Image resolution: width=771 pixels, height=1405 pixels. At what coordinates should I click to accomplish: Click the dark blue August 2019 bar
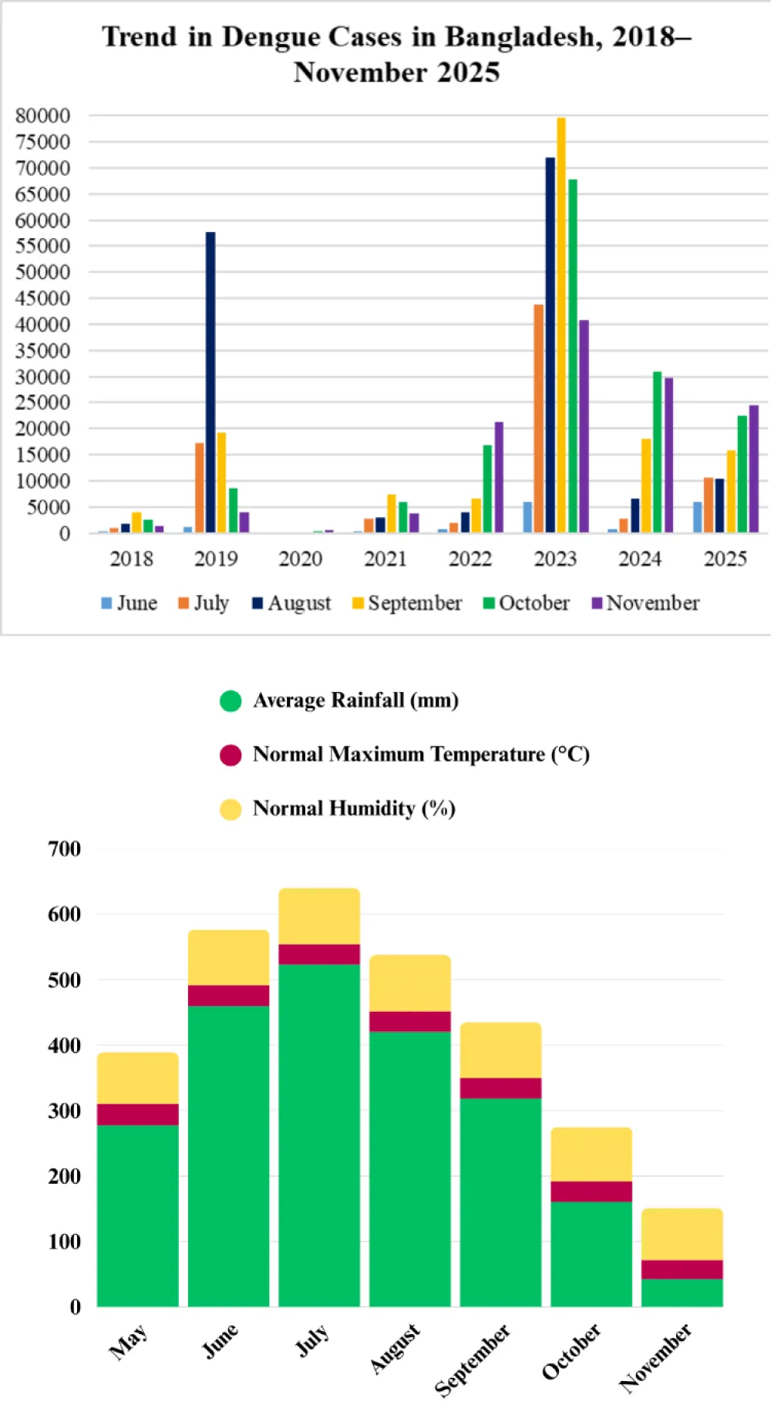coord(210,382)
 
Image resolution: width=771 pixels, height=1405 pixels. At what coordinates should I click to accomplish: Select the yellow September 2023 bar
coord(561,324)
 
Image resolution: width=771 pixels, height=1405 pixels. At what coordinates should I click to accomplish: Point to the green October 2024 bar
coord(657,452)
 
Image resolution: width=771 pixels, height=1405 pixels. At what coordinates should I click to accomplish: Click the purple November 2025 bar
coord(753,469)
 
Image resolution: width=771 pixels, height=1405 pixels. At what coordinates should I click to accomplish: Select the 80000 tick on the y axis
coord(42,116)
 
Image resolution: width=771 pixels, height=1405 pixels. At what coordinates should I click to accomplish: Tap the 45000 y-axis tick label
coord(42,298)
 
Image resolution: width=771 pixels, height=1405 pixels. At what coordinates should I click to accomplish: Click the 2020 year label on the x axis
coord(300,559)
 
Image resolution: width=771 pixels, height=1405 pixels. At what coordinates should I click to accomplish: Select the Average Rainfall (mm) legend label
coord(355,700)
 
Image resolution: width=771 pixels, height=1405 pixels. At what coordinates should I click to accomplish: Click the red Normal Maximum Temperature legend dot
coord(231,755)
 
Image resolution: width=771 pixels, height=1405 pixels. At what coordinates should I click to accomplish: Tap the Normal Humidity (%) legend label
coord(354,808)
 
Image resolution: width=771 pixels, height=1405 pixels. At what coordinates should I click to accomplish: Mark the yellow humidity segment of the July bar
coord(319,916)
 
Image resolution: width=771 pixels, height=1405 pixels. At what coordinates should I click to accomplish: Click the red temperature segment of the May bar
coord(138,1114)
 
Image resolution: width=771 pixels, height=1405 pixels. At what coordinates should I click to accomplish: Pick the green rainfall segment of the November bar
coord(682,1292)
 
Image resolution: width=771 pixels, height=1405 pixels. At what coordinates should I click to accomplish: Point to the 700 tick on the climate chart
coord(65,849)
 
